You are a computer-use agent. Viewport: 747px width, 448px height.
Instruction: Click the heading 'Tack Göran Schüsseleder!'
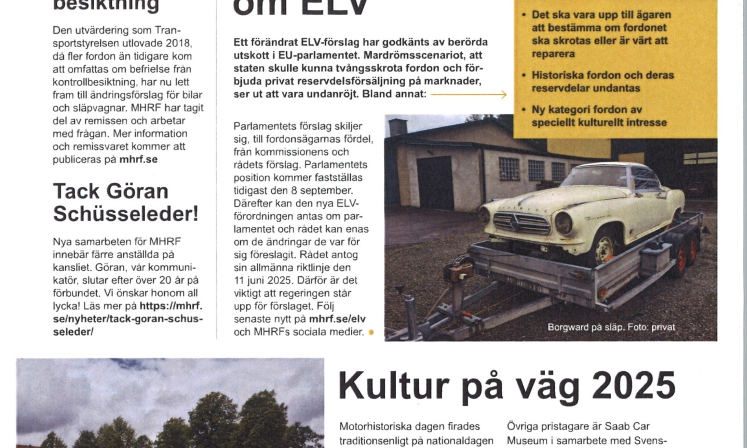click(x=126, y=203)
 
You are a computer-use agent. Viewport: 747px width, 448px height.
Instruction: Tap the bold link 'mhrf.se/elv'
click(x=337, y=319)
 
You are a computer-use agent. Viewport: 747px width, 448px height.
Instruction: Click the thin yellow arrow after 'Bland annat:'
click(x=468, y=94)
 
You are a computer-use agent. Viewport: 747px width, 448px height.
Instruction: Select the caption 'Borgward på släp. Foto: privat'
click(x=611, y=327)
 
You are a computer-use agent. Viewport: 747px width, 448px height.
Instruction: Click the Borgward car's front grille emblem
click(x=515, y=223)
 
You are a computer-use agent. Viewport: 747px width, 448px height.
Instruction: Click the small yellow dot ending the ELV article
click(x=371, y=332)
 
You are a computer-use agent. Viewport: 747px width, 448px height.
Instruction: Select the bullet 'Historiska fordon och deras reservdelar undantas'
click(x=602, y=81)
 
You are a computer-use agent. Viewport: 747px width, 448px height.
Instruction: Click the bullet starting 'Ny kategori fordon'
click(x=598, y=116)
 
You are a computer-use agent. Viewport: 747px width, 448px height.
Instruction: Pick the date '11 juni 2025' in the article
click(x=267, y=280)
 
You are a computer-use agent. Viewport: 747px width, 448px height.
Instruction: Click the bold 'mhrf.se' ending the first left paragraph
click(x=138, y=160)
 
